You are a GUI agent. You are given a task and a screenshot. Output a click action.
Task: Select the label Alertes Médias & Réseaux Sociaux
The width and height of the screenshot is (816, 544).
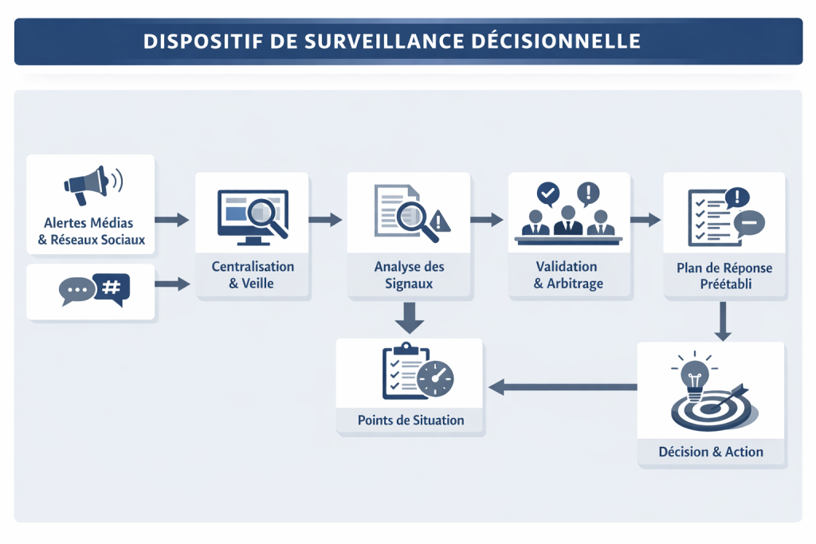(x=90, y=232)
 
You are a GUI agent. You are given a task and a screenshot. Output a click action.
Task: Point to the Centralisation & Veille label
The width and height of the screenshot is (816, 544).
(x=253, y=274)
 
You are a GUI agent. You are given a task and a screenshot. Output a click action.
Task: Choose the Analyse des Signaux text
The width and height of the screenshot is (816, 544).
(x=410, y=274)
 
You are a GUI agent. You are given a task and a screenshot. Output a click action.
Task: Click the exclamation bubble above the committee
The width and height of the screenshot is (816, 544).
(x=589, y=192)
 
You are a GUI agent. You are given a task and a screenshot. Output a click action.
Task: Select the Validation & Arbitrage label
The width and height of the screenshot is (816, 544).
(x=568, y=274)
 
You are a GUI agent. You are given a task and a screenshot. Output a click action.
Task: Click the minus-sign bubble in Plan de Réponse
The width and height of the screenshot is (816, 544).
(x=750, y=222)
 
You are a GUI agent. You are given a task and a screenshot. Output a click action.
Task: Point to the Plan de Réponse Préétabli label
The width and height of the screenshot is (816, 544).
(x=724, y=276)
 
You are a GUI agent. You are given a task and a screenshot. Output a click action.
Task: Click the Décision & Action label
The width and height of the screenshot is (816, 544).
(x=711, y=452)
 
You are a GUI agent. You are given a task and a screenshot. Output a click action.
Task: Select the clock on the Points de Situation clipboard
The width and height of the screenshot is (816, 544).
(x=434, y=379)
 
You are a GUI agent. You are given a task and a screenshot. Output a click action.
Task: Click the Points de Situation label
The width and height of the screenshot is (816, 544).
(x=410, y=420)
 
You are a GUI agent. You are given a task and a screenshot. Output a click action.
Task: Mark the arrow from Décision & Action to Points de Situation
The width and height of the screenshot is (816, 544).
(x=563, y=388)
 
